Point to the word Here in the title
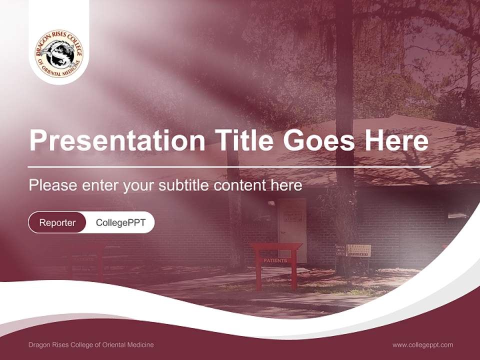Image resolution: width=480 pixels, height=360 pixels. click(x=396, y=140)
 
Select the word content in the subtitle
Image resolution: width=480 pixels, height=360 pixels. click(x=240, y=185)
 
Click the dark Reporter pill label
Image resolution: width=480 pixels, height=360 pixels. click(x=57, y=222)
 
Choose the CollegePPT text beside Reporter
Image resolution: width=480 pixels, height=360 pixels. click(x=120, y=222)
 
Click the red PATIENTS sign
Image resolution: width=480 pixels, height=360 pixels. click(x=275, y=260)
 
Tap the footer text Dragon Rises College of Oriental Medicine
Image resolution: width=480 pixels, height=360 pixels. click(x=91, y=344)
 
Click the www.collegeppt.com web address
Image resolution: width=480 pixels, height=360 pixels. click(x=422, y=344)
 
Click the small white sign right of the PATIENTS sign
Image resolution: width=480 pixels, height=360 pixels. click(x=358, y=250)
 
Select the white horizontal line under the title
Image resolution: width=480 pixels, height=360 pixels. click(x=229, y=166)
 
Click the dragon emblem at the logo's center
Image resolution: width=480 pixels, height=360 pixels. click(x=59, y=54)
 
